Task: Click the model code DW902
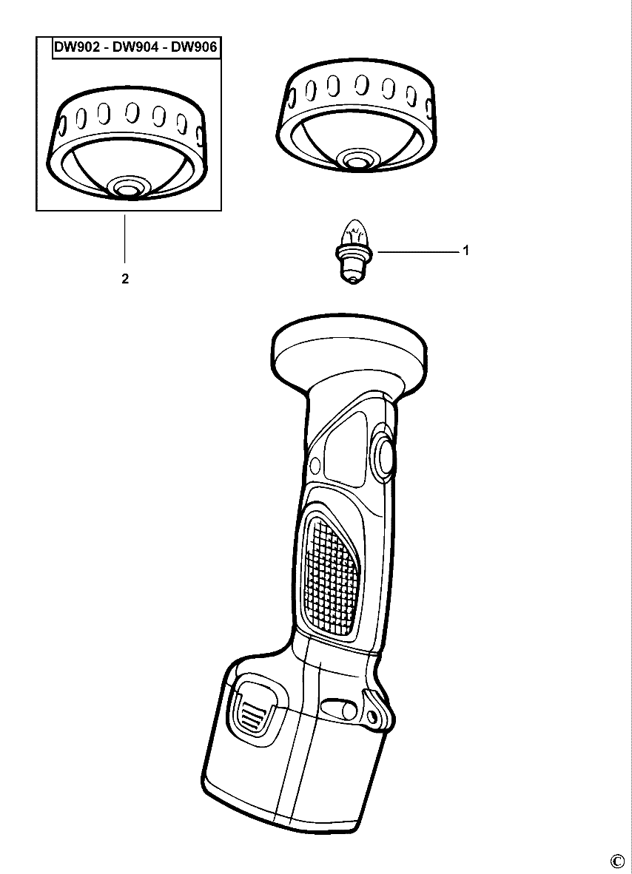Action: click(x=77, y=47)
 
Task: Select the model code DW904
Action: click(x=135, y=47)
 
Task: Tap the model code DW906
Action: click(x=194, y=47)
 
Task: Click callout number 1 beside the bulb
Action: click(x=465, y=251)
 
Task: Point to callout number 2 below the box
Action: click(x=125, y=279)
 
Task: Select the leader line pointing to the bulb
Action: click(x=418, y=251)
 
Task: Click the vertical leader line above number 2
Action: click(x=124, y=238)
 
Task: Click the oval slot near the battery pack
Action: click(x=341, y=710)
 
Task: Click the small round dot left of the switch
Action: click(x=315, y=464)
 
